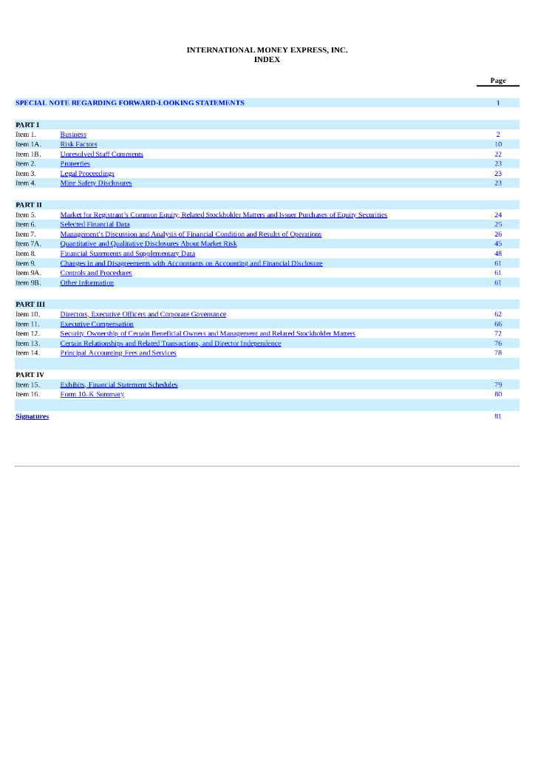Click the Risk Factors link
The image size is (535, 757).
point(78,145)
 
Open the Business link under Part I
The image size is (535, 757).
point(73,135)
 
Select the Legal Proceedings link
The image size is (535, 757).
point(87,174)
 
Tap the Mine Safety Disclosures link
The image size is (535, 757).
point(96,183)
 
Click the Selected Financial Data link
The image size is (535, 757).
point(95,225)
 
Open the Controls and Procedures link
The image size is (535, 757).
point(96,274)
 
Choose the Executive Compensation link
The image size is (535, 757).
point(97,325)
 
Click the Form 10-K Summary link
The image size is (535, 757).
point(92,395)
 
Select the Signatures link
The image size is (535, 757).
point(33,417)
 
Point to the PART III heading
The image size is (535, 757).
point(30,305)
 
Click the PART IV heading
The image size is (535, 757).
point(30,376)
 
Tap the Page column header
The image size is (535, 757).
point(497,81)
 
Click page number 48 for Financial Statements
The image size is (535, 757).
point(498,254)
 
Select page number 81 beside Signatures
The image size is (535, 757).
point(498,417)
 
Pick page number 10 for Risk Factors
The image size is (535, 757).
point(498,145)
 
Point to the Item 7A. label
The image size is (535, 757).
point(28,244)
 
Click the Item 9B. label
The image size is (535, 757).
point(28,283)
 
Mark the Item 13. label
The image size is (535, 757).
point(27,344)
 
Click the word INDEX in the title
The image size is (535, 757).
point(267,60)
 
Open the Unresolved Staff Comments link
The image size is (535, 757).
point(101,155)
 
